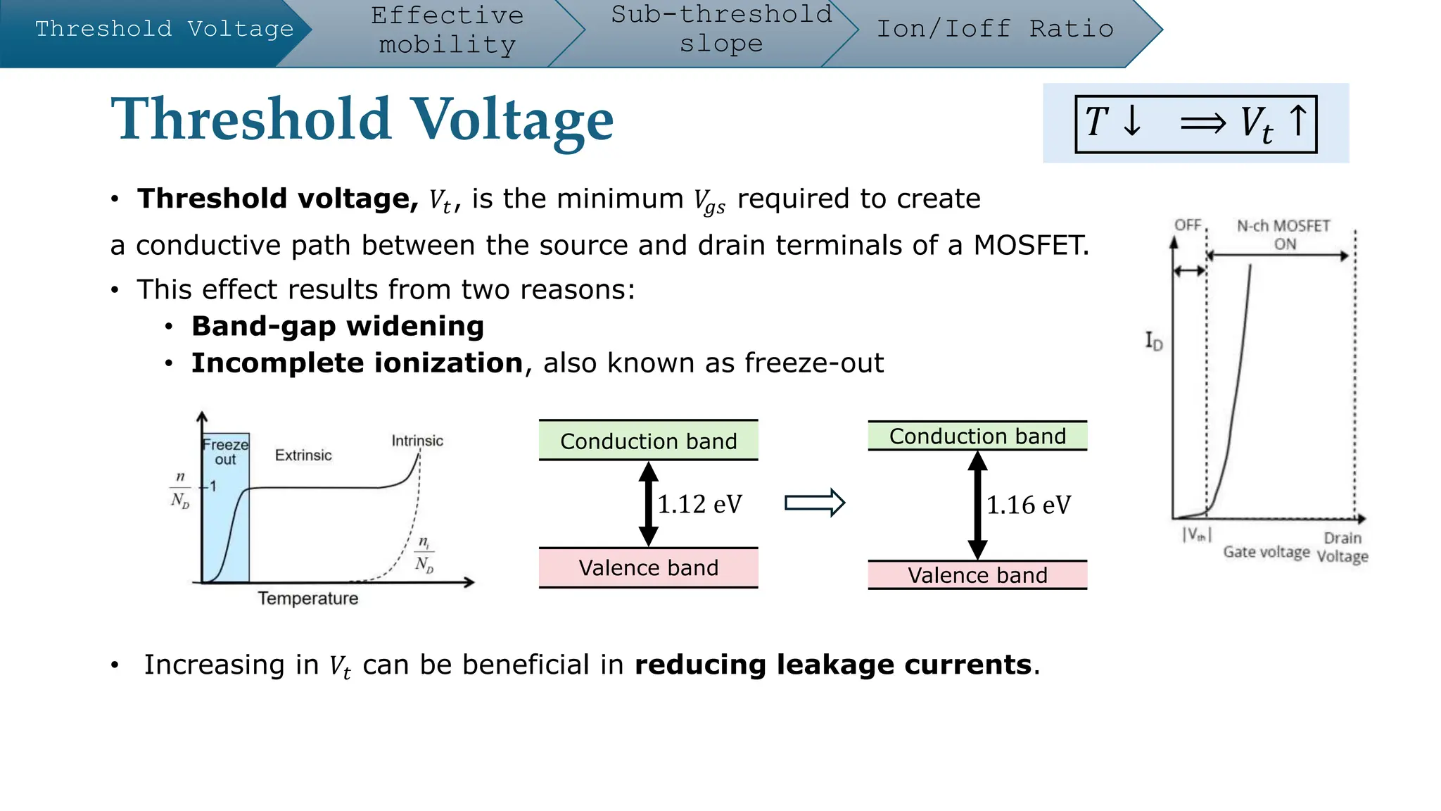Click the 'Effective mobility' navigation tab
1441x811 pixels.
point(447,30)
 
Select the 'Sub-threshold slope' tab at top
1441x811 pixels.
point(721,29)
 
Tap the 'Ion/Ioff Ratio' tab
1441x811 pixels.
point(994,29)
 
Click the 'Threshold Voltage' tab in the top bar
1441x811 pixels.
point(164,29)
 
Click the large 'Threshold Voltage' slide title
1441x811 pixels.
point(362,119)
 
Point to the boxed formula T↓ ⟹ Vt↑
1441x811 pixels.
point(1195,124)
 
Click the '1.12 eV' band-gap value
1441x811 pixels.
point(699,504)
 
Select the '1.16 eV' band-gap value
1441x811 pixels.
point(1028,505)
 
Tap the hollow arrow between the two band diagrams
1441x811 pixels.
point(814,503)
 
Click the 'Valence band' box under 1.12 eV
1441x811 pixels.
point(648,567)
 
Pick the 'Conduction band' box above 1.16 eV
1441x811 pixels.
point(977,436)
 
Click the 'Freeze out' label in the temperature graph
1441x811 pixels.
point(225,452)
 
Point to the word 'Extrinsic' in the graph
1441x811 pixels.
point(303,455)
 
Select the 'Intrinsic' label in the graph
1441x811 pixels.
point(417,441)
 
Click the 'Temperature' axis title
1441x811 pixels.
point(307,598)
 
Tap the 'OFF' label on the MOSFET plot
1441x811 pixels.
point(1188,225)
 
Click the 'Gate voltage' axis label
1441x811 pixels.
point(1266,552)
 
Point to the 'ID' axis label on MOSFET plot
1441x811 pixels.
point(1154,341)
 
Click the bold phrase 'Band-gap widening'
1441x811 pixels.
point(338,327)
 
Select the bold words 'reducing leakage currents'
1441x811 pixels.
point(833,665)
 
